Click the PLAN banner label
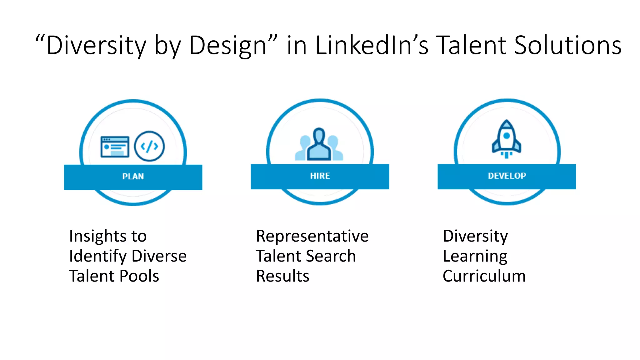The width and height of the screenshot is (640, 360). pos(133,177)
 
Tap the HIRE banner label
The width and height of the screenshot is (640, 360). pos(320,176)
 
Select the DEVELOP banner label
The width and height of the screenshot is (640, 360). pos(507,176)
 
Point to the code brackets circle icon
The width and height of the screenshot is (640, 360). pos(149,146)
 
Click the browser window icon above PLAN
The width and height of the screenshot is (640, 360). pos(115,147)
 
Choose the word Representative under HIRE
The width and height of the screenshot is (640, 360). pos(312,236)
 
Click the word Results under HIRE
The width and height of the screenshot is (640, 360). pos(282,276)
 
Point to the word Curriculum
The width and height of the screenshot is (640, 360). pos(484,276)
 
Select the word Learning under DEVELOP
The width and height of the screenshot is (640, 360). pos(475,256)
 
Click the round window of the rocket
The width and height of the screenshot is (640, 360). pos(507,136)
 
